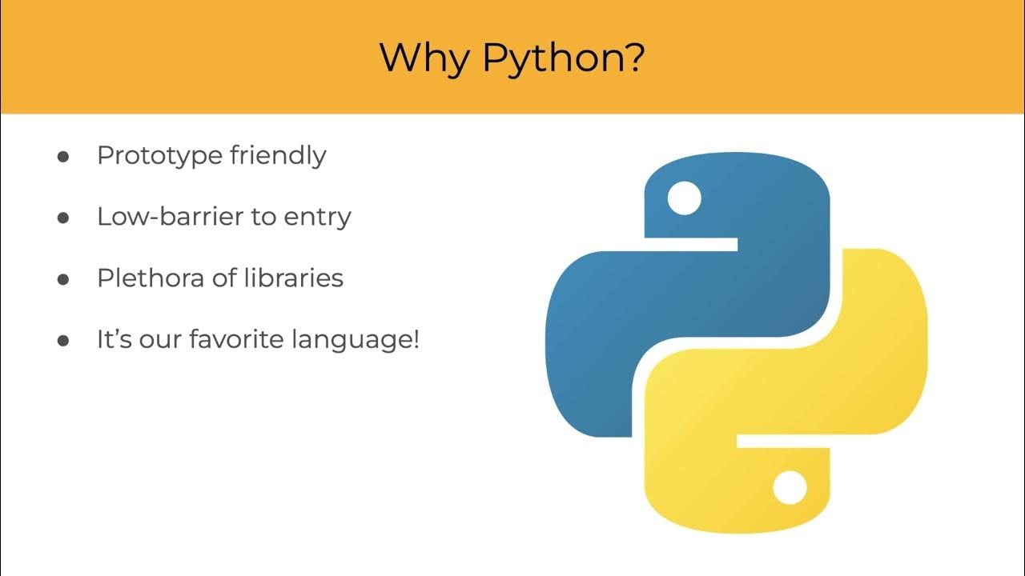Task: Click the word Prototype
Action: point(159,155)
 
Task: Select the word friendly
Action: point(278,155)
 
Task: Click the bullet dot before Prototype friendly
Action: point(63,156)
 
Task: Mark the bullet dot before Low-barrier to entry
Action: point(63,218)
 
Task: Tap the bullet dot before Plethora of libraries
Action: point(63,279)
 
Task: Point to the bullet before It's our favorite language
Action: point(63,341)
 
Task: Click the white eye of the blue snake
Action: point(684,198)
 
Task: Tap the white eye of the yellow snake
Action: point(789,487)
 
